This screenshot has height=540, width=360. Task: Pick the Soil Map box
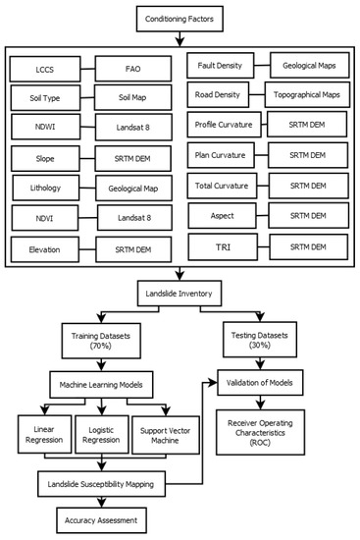133,99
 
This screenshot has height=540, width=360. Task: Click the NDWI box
46,128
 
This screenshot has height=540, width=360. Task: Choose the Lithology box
46,187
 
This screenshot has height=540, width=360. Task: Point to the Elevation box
46,249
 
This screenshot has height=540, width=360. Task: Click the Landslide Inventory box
180,291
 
